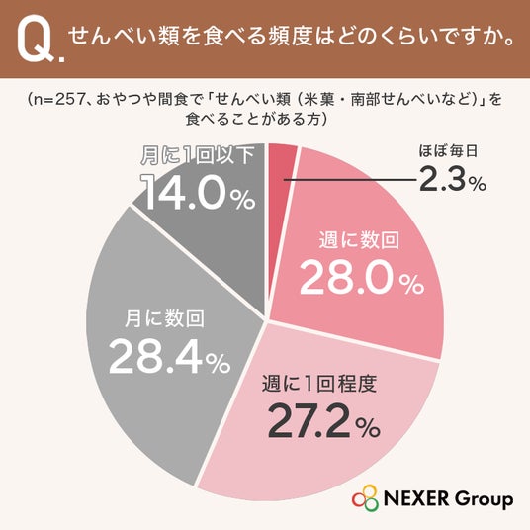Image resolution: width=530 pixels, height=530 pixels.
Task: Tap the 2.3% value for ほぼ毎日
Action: (x=453, y=181)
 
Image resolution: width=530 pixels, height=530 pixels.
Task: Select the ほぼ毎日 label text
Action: (x=448, y=150)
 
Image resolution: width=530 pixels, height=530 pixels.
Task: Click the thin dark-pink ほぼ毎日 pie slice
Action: (x=280, y=169)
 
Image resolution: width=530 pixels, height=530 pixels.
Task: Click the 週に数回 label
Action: (x=359, y=240)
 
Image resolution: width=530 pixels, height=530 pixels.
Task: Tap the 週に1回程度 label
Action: (x=319, y=384)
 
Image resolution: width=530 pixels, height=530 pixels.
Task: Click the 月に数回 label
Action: (x=164, y=318)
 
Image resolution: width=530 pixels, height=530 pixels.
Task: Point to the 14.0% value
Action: (x=198, y=193)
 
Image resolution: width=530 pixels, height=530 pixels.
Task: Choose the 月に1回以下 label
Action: (x=198, y=155)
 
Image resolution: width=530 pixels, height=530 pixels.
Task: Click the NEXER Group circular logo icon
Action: (x=365, y=498)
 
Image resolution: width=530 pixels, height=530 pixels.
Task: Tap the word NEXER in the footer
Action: (x=417, y=499)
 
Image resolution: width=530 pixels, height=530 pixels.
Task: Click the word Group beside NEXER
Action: (x=484, y=500)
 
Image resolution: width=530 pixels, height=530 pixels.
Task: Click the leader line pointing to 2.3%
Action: (x=350, y=180)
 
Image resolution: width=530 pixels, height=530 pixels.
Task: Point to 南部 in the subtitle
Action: (x=364, y=100)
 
